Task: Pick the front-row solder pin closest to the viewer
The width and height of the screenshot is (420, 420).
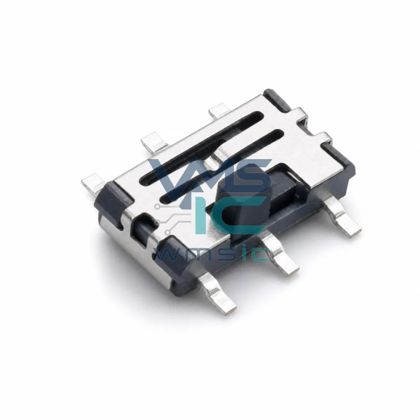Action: [x=217, y=292]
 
